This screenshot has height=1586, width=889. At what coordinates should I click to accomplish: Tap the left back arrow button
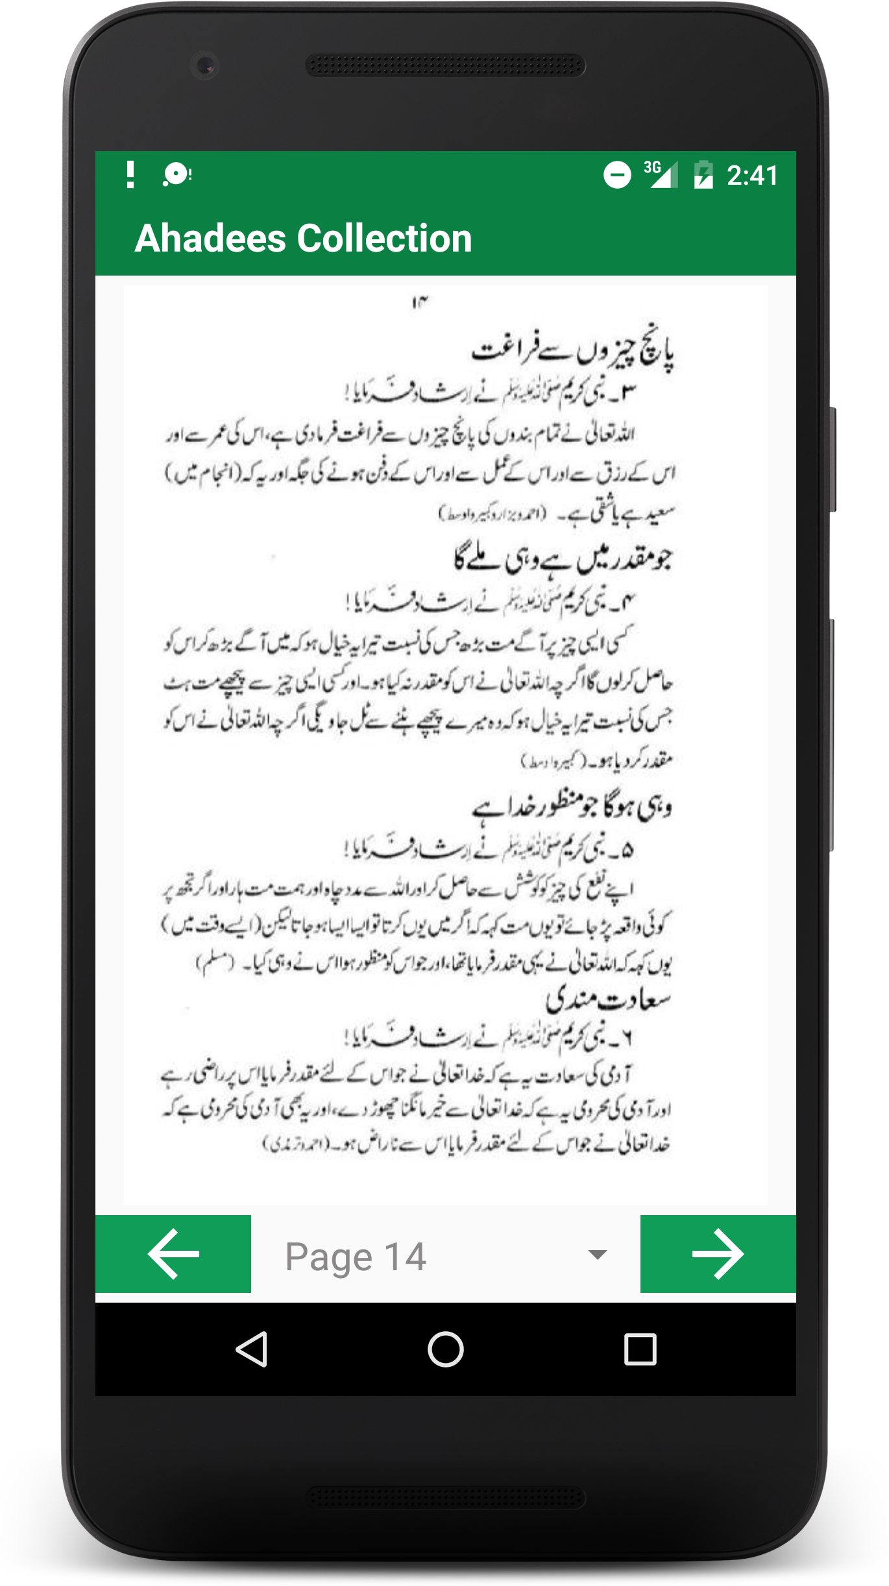[173, 1254]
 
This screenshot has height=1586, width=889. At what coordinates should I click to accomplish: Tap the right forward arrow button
[718, 1254]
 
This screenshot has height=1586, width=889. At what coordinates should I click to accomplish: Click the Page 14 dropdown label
[356, 1257]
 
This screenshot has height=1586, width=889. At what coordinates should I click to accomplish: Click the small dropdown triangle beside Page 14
[597, 1255]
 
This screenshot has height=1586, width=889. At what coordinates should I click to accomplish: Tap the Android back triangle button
[252, 1349]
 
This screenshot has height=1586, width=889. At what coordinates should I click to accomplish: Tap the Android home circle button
[445, 1349]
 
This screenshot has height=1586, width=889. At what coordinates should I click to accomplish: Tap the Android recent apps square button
[640, 1349]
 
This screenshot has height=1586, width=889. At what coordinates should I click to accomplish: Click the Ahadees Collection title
[303, 238]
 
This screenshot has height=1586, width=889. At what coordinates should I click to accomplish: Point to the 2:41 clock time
[752, 176]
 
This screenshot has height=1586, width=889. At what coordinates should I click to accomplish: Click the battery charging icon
[703, 175]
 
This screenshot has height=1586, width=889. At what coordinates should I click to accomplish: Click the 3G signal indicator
[661, 174]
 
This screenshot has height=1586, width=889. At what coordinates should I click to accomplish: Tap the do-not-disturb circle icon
[617, 175]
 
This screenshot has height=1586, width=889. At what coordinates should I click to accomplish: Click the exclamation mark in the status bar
[130, 174]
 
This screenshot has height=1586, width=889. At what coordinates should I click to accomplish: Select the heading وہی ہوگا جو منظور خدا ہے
[572, 807]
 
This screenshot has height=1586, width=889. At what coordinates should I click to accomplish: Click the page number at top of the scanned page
[420, 302]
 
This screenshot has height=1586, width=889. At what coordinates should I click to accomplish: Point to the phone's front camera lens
[205, 65]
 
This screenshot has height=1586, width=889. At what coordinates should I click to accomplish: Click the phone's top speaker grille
[445, 65]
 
